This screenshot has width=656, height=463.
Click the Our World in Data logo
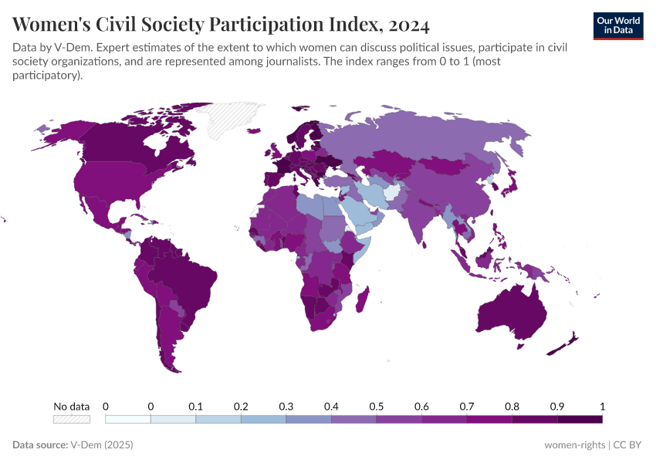617,25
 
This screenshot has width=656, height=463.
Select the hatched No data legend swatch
71,419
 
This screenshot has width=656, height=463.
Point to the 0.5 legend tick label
376,406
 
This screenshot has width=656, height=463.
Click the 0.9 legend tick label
556,406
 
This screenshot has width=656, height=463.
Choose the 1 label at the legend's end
601,406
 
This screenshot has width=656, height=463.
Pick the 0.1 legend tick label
195,406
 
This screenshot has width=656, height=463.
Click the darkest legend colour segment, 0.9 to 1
579,419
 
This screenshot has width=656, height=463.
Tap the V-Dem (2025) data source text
102,445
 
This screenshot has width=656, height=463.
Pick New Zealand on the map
567,343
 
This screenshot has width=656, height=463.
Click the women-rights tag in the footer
574,445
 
